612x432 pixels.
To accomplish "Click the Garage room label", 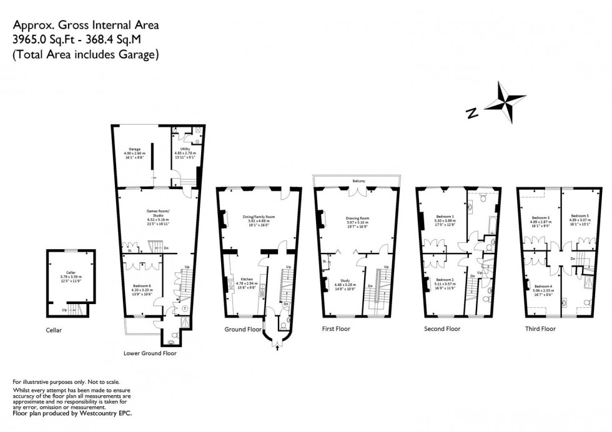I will point(135,149).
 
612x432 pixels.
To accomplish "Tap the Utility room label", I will point(185,149).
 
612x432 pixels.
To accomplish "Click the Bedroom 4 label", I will point(543,285).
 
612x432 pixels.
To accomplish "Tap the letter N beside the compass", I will point(473,113).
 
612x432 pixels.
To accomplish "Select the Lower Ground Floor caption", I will point(150,353).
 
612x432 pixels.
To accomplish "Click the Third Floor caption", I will point(540,328).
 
